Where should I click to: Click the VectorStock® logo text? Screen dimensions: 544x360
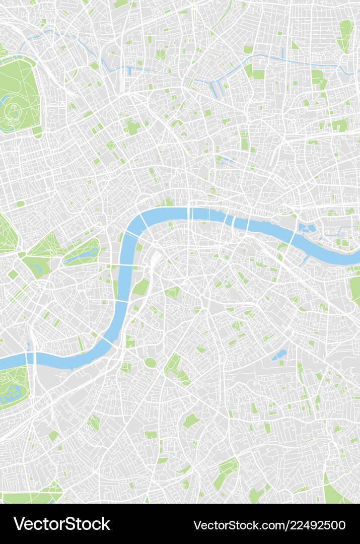(x=61, y=524)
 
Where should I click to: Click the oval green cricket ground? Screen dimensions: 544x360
(x=151, y=363)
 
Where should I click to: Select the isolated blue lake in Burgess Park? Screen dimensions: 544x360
(x=279, y=355)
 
